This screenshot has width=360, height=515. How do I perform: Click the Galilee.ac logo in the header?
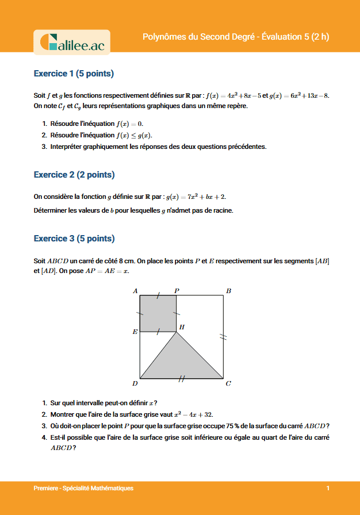72,42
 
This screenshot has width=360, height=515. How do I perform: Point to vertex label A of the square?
135,291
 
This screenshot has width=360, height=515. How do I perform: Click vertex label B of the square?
228,291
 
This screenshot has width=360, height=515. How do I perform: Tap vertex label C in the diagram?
228,383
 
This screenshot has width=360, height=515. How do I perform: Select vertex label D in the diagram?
135,383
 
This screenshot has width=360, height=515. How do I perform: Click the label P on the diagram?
177,291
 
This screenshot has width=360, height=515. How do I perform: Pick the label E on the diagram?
135,332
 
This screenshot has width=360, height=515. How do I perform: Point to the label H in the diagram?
182,328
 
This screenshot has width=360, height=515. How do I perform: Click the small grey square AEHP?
158,313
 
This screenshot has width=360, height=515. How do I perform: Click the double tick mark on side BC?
224,337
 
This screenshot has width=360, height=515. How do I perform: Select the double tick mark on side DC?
182,378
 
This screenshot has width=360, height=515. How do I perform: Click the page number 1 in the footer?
328,488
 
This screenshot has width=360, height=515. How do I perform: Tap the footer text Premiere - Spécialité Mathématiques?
83,488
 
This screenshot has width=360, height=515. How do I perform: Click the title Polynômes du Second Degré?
199,37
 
